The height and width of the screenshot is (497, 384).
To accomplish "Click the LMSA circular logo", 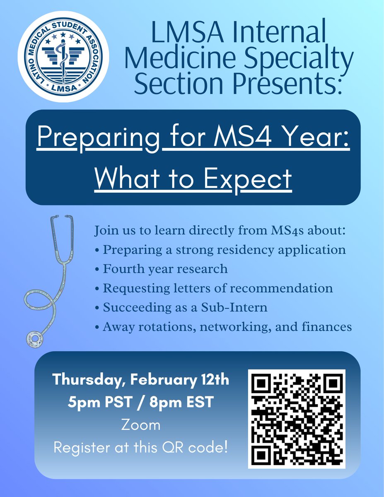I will [63, 57].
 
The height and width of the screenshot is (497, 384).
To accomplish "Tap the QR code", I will [297, 418].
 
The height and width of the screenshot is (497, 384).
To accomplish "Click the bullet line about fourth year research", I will [162, 269].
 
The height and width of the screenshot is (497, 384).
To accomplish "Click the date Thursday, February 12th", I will [141, 380].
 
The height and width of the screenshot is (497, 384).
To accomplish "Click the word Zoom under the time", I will [141, 425].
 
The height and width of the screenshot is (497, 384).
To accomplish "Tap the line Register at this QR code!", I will [141, 448].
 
